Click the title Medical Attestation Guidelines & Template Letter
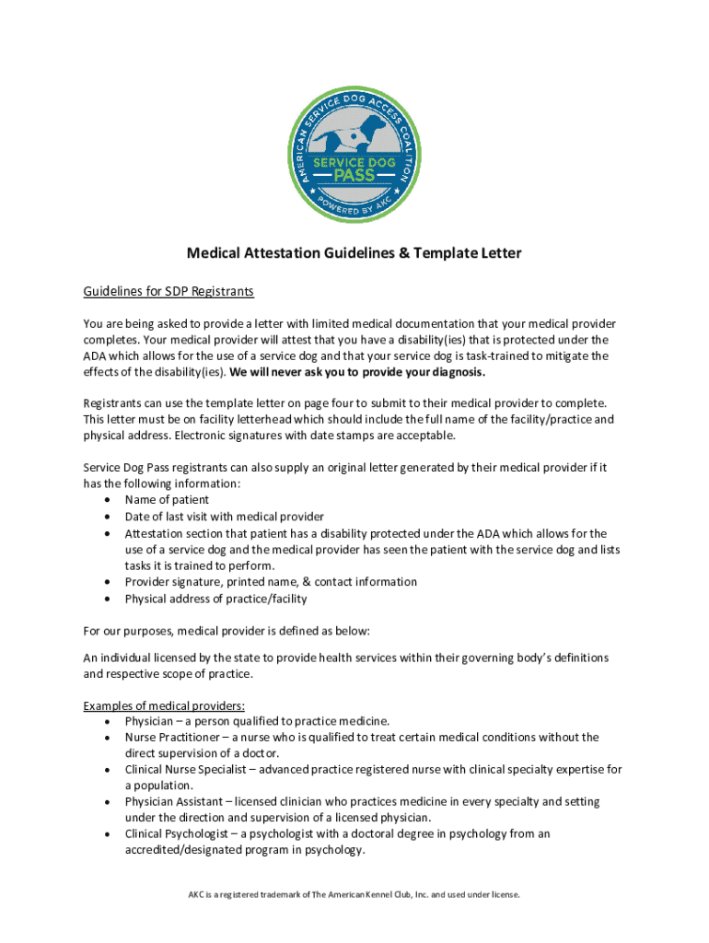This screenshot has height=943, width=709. pyautogui.click(x=354, y=252)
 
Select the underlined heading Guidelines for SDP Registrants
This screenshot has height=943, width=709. pyautogui.click(x=169, y=292)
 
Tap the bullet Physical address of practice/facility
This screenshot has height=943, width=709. pyautogui.click(x=215, y=599)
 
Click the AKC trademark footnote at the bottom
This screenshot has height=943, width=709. pyautogui.click(x=354, y=894)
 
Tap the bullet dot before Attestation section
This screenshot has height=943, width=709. pyautogui.click(x=110, y=533)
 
